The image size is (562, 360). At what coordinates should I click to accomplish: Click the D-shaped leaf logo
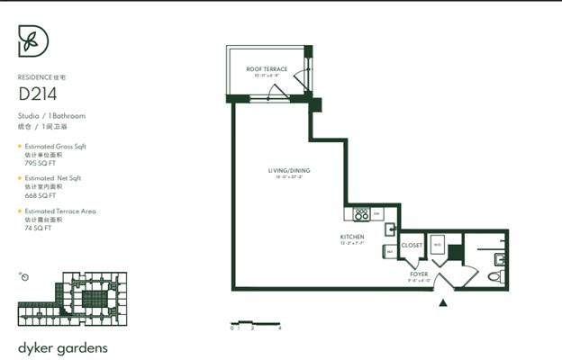point(33,42)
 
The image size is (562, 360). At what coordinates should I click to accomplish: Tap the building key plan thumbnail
point(72,299)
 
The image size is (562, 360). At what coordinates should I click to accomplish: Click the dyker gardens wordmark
point(65,346)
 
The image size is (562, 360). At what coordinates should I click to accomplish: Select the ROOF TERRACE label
point(267,69)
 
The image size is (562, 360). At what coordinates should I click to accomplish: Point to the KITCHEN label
point(352,237)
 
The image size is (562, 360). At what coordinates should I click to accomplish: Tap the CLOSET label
point(412,245)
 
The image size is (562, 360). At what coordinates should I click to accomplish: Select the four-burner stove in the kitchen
point(362,214)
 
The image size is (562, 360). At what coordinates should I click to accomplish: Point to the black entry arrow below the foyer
point(442,303)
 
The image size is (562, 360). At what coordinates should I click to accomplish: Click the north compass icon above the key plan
point(24,276)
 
